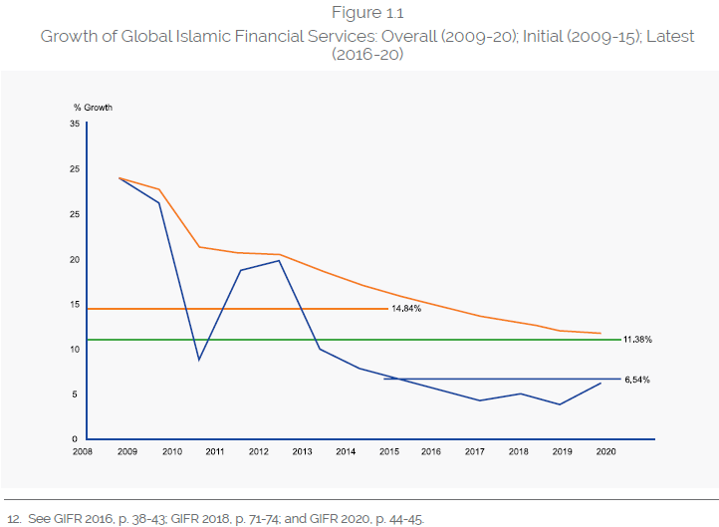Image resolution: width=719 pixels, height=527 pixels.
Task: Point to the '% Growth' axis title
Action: pyautogui.click(x=93, y=107)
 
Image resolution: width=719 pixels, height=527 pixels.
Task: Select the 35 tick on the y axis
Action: pyautogui.click(x=75, y=124)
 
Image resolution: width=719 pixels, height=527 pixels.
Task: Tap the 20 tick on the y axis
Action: pyautogui.click(x=75, y=259)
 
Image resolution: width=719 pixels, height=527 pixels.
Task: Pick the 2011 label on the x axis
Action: pyautogui.click(x=215, y=452)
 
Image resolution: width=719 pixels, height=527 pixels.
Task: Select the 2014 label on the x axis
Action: pyautogui.click(x=345, y=452)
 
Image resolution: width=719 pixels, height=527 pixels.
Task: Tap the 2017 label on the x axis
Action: pyautogui.click(x=474, y=452)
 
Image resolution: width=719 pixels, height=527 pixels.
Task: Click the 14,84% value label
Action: pyautogui.click(x=405, y=309)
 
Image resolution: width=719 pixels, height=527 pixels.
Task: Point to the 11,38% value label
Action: pyautogui.click(x=637, y=340)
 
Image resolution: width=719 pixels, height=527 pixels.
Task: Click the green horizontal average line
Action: pyautogui.click(x=349, y=340)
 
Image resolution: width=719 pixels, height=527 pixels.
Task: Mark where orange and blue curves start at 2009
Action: pyautogui.click(x=120, y=178)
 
